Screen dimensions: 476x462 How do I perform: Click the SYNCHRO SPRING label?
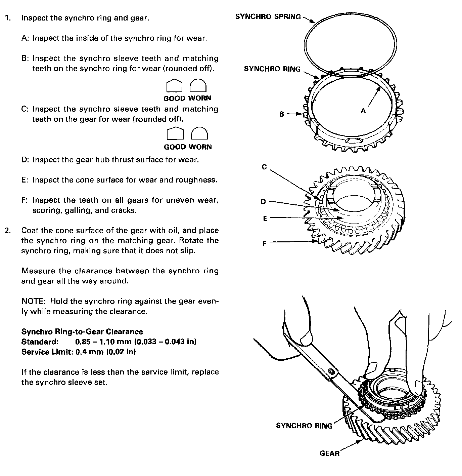click(x=268, y=17)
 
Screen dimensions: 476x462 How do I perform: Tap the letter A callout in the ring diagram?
click(x=363, y=111)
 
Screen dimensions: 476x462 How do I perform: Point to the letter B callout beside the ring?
click(x=282, y=114)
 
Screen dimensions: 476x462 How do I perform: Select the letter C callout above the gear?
click(x=264, y=167)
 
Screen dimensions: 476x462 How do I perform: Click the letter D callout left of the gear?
click(x=263, y=201)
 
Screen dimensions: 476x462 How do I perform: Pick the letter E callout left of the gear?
click(x=265, y=219)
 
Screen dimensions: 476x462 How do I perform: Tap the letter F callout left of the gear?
click(x=265, y=243)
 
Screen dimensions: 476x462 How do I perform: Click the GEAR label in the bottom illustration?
click(x=329, y=453)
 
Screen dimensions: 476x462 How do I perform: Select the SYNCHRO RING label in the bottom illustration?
click(x=304, y=426)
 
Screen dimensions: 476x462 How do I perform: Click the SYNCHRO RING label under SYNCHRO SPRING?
click(x=272, y=69)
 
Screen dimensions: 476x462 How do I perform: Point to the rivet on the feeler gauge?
click(x=332, y=371)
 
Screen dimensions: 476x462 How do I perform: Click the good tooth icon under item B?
click(x=174, y=86)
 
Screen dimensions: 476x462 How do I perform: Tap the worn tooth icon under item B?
click(x=198, y=86)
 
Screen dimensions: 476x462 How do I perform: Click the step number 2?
click(x=8, y=231)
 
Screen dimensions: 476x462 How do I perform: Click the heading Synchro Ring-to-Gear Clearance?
click(x=82, y=332)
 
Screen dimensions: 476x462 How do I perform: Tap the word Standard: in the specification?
click(x=40, y=342)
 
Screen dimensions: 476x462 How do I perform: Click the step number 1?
click(x=7, y=18)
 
